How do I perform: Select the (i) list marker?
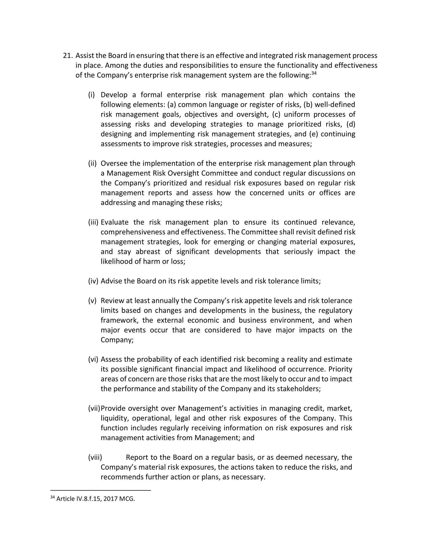[91, 95]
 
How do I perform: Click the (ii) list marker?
[92, 164]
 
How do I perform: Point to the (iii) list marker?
[93, 222]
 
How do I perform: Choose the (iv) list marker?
[93, 281]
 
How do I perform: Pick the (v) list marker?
[92, 301]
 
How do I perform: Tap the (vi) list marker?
[93, 359]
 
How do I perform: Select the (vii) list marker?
[94, 408]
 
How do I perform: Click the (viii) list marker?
[95, 457]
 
